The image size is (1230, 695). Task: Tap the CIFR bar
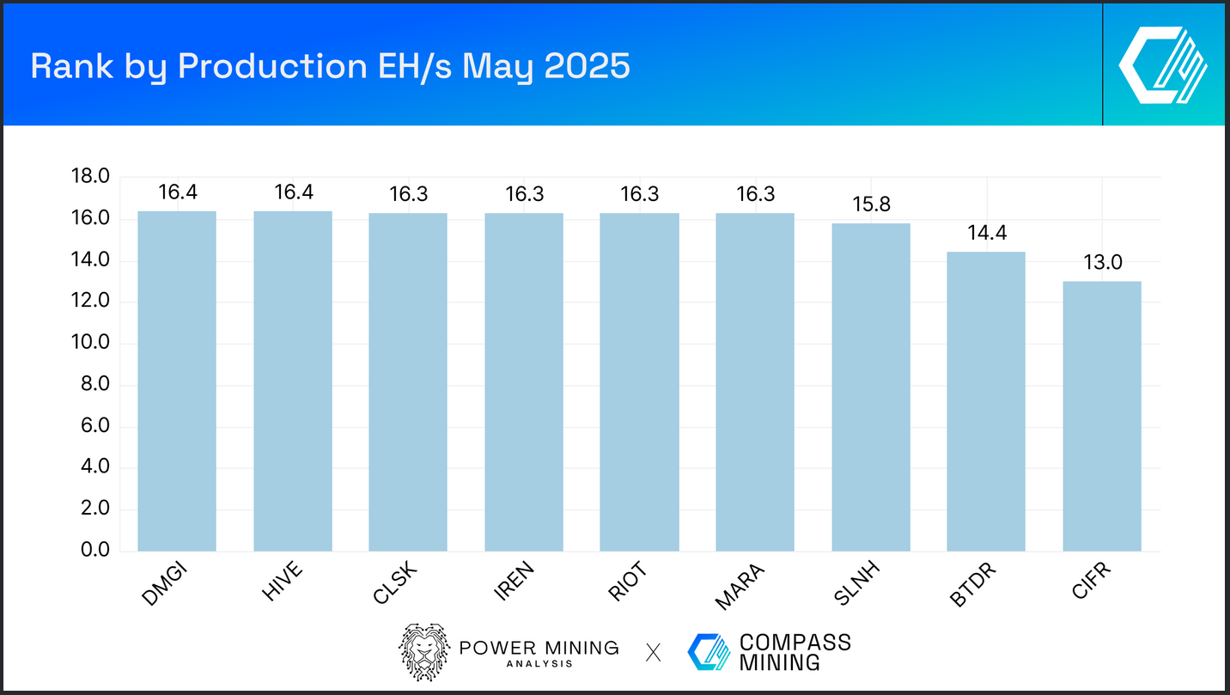(1102, 416)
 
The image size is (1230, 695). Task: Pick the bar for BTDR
(986, 401)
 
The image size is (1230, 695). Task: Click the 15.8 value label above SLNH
(871, 205)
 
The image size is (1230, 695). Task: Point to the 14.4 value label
(986, 234)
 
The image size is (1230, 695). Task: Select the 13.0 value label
(1102, 263)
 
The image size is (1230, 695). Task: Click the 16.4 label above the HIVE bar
(293, 192)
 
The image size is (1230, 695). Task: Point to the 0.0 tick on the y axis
(92, 551)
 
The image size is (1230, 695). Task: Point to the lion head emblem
(423, 653)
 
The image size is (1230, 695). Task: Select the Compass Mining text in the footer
(795, 652)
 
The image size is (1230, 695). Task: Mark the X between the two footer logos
(653, 653)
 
